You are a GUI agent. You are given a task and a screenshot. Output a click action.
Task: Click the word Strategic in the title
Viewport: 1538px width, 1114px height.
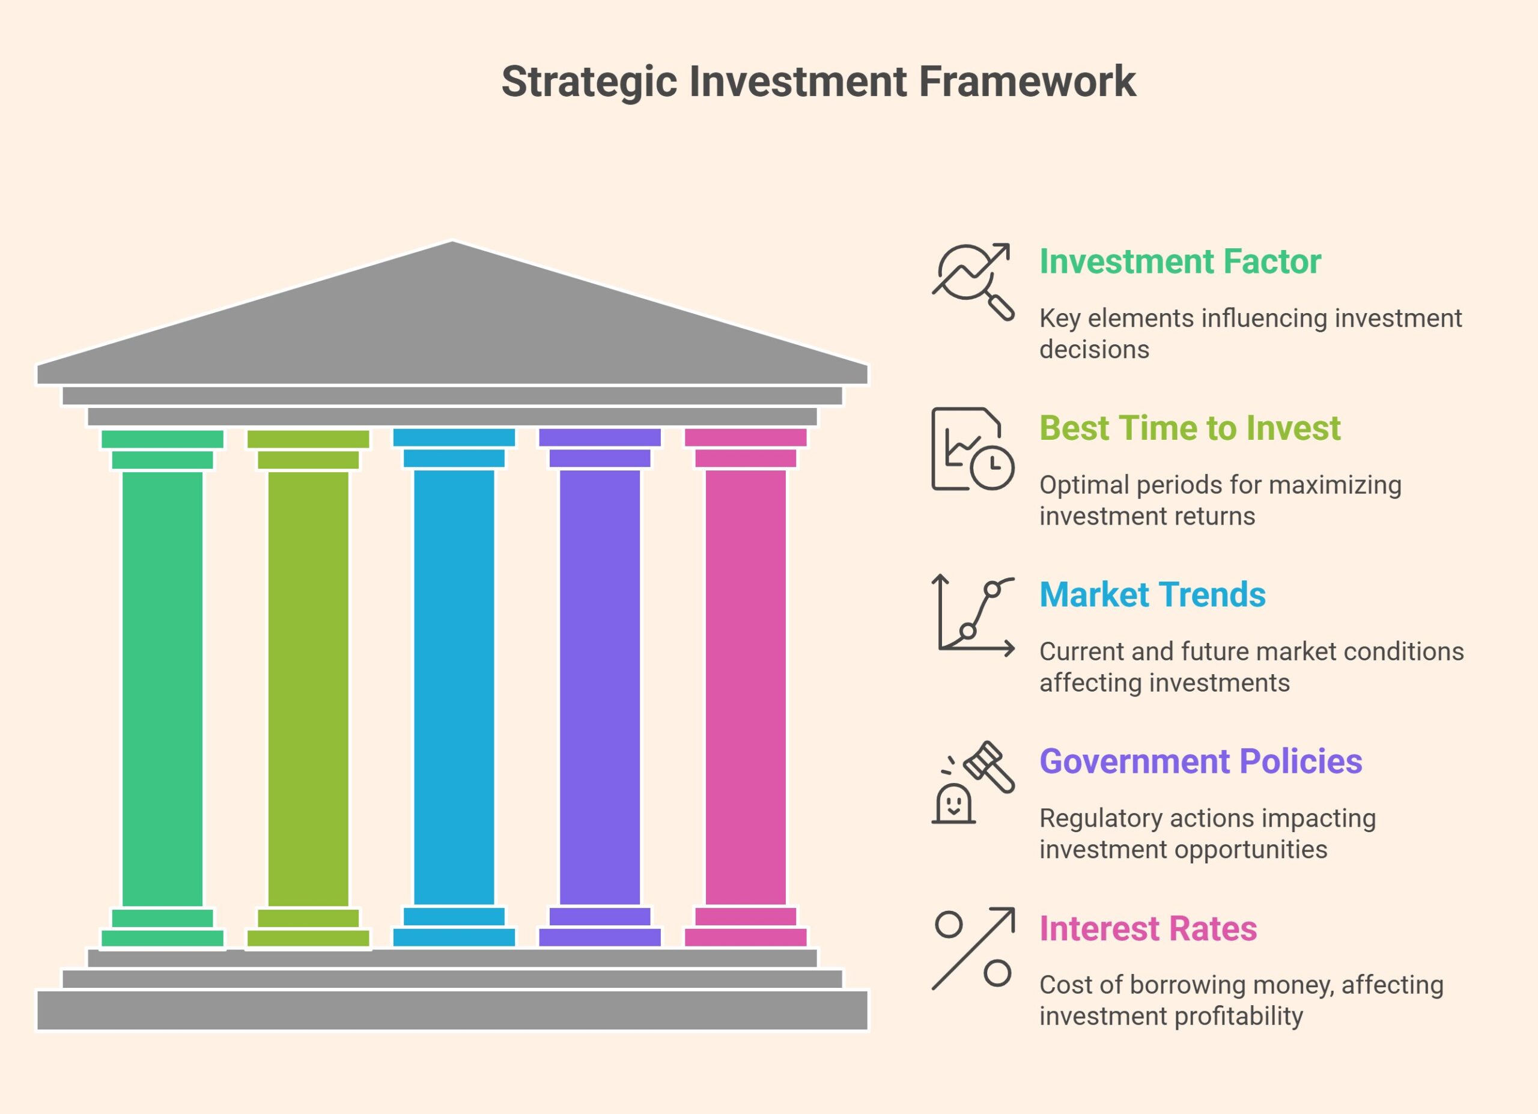(x=589, y=83)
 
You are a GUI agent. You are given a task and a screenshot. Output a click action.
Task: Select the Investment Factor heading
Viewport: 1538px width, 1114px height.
(x=1180, y=262)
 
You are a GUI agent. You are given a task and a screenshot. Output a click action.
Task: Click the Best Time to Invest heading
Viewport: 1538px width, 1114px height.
(x=1190, y=428)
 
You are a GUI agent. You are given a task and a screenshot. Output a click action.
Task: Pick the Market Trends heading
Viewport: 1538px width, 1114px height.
(x=1153, y=595)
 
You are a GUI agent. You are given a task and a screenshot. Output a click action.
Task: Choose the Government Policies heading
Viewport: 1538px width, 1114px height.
(x=1201, y=761)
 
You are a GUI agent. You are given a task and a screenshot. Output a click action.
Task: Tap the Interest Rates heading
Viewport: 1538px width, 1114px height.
(x=1148, y=928)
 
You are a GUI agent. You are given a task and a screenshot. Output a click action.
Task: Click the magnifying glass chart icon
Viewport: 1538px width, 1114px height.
(x=973, y=281)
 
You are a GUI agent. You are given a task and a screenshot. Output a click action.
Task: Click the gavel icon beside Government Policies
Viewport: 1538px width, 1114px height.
(x=973, y=782)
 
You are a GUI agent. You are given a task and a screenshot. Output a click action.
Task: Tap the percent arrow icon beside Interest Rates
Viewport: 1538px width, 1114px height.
(x=973, y=949)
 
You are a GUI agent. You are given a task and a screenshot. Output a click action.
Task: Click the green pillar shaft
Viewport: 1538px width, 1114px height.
(x=163, y=689)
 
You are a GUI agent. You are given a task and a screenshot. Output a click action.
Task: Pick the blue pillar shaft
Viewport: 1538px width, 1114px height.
(x=454, y=687)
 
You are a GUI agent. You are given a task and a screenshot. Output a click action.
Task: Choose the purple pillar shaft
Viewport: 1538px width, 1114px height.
(x=600, y=687)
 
